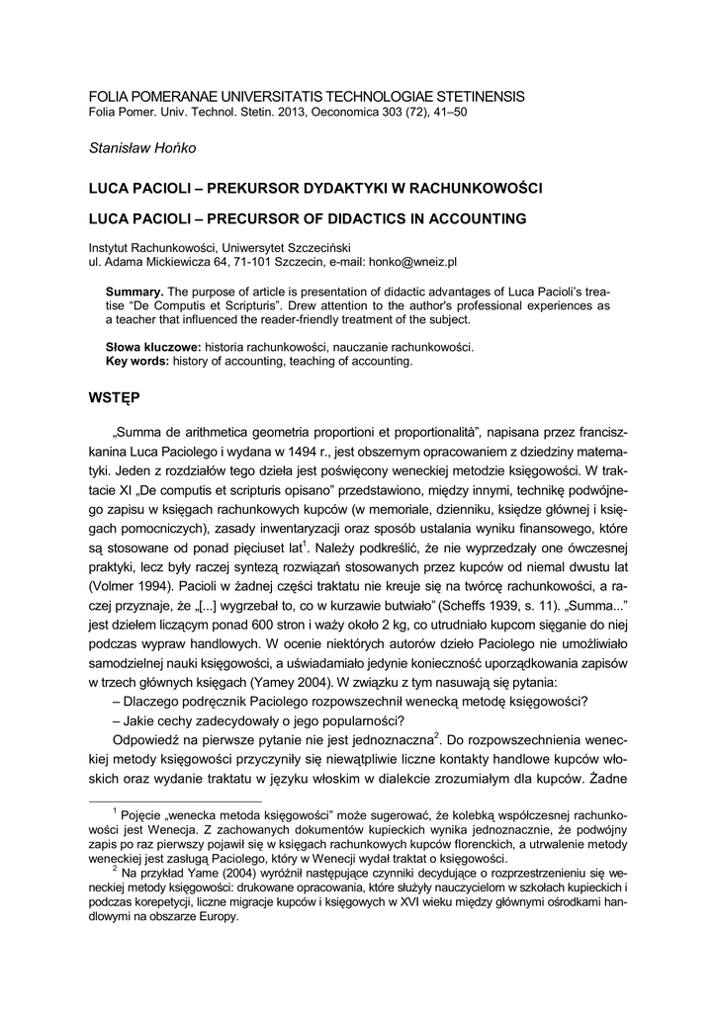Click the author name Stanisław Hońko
click(143, 148)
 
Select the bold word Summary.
click(134, 294)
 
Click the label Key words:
click(137, 362)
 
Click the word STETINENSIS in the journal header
click(465, 96)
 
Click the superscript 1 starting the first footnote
click(116, 809)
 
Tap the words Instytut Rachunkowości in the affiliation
click(149, 248)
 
